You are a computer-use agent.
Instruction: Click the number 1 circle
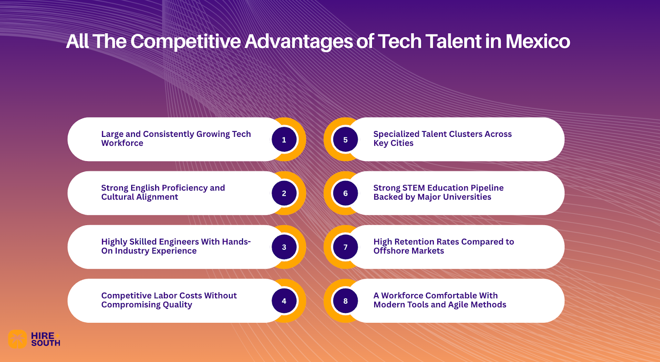[x=284, y=140]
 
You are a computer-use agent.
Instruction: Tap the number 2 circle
[x=284, y=193]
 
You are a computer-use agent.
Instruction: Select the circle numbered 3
[x=284, y=247]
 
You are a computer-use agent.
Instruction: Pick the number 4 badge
[x=284, y=301]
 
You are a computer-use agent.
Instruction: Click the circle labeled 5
[x=345, y=140]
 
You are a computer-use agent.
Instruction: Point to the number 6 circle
[x=345, y=193]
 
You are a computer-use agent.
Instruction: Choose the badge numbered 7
[x=345, y=247]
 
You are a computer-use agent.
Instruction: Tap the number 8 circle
[x=345, y=301]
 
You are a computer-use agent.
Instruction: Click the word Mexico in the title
[x=537, y=42]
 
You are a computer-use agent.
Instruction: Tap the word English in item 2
[x=145, y=188]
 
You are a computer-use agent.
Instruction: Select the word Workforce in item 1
[x=122, y=143]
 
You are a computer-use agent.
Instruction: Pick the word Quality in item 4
[x=177, y=305]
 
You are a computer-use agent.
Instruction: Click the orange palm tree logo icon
[x=17, y=339]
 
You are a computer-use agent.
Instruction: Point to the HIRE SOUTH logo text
[x=45, y=339]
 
